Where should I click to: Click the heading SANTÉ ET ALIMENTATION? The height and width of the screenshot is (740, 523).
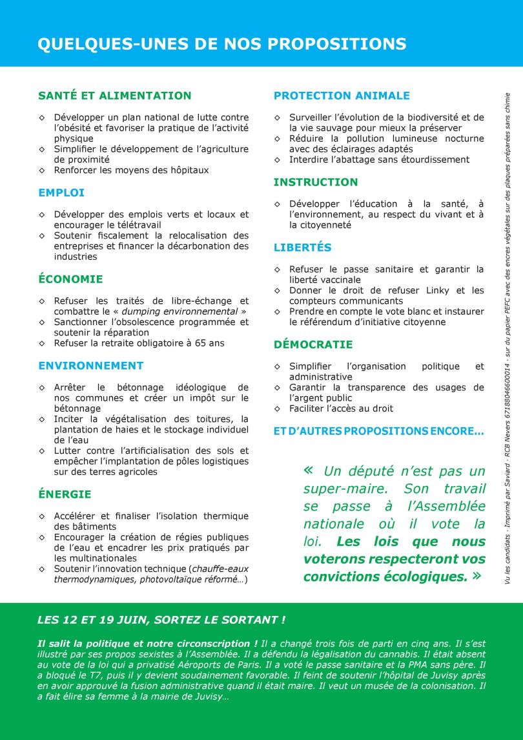click(x=114, y=96)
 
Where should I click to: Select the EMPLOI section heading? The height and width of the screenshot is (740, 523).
click(x=61, y=193)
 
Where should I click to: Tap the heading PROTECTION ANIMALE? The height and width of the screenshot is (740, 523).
click(x=342, y=96)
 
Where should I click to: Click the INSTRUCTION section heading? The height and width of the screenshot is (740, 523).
click(x=315, y=182)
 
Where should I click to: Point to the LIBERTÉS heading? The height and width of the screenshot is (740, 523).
click(x=302, y=248)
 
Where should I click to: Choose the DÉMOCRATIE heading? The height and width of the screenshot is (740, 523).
click(x=313, y=344)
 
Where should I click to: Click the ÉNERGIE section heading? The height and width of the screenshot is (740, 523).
click(x=65, y=494)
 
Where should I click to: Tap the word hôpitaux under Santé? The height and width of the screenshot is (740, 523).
click(x=185, y=170)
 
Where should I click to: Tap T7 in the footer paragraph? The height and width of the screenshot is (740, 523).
click(x=93, y=675)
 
